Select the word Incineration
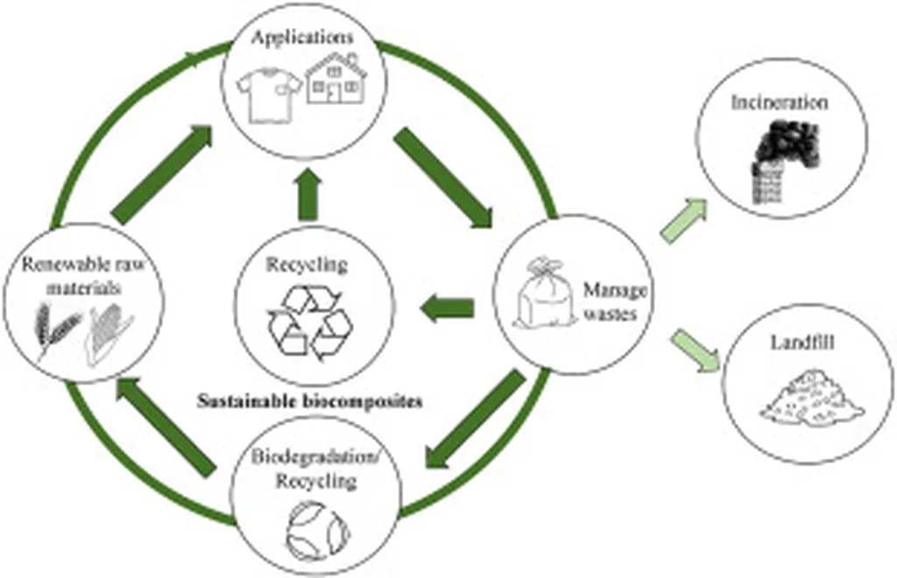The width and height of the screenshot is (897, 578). pos(780,102)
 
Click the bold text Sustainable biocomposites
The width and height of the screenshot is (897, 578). pos(309,402)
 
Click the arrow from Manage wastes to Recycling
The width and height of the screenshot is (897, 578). pos(448,307)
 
